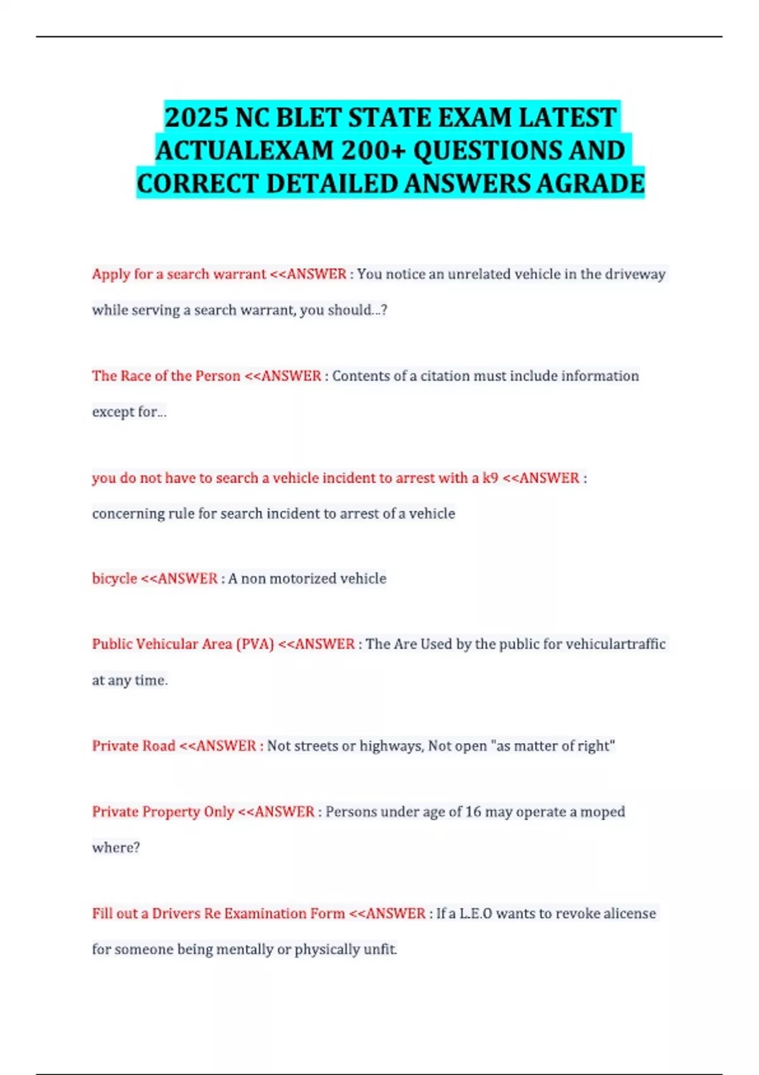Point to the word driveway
(x=635, y=274)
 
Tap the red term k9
(x=490, y=478)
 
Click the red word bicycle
(x=114, y=579)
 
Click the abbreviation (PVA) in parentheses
(x=255, y=644)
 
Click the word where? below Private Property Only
(x=116, y=848)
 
